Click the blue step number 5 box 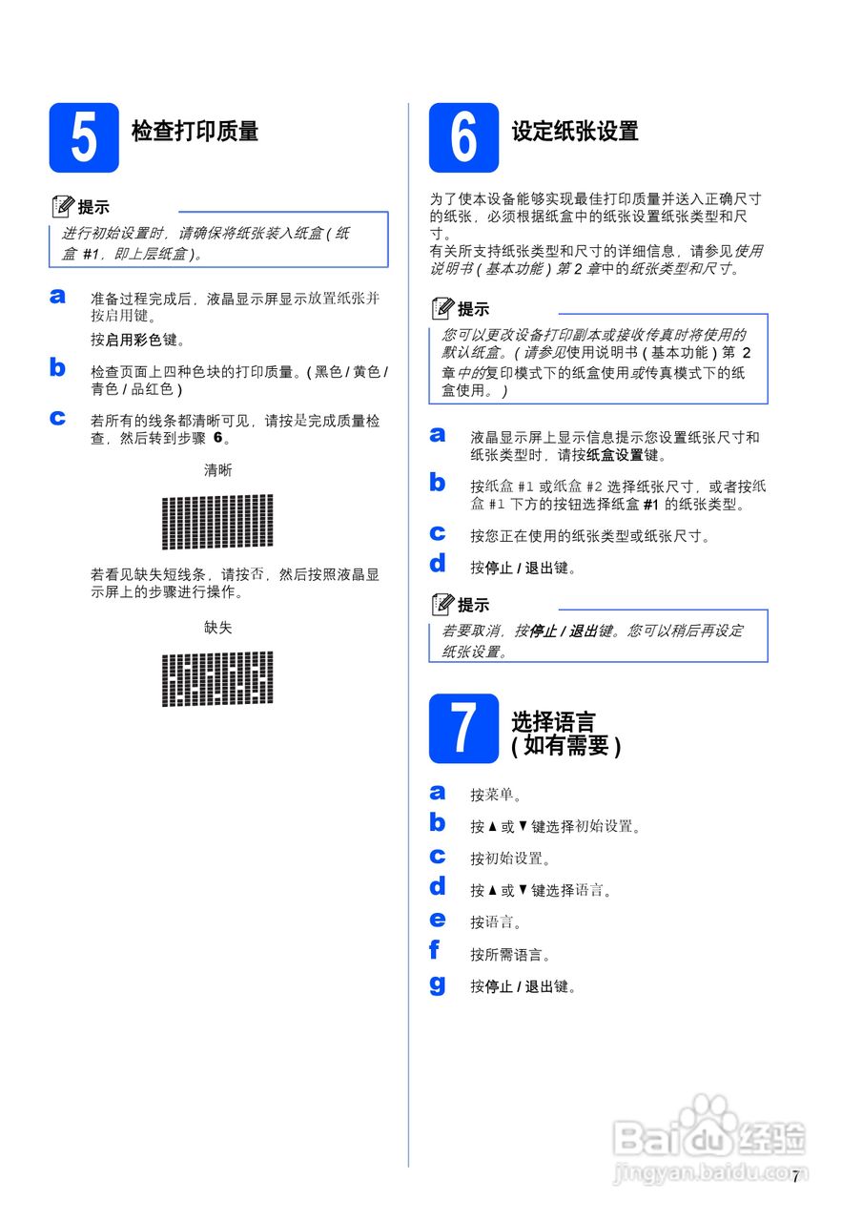[x=84, y=137]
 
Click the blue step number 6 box [x=463, y=137]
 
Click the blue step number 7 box [x=463, y=729]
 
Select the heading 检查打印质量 [x=195, y=132]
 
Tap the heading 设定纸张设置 [x=575, y=132]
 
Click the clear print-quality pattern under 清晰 [x=217, y=522]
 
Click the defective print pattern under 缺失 [x=217, y=678]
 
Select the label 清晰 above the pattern [x=217, y=470]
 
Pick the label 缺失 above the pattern [x=217, y=627]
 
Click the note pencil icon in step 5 [x=63, y=206]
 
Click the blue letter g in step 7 [x=438, y=983]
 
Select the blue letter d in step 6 [x=438, y=564]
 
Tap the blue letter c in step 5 [x=58, y=417]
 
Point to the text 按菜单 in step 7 [x=495, y=795]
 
